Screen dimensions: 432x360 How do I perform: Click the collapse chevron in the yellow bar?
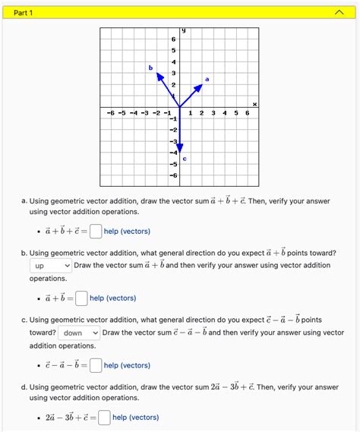pos(338,13)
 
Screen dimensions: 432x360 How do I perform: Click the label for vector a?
pos(207,79)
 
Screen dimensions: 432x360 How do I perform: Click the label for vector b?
pos(150,68)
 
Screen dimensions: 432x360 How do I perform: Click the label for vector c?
pos(185,159)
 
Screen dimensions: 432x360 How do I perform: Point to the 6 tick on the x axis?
pos(247,113)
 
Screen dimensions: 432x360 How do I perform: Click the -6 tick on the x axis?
pos(111,113)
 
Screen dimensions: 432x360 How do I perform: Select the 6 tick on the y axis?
pos(173,39)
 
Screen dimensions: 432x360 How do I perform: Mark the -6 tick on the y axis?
pos(173,175)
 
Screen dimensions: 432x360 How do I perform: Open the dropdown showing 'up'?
pos(52,265)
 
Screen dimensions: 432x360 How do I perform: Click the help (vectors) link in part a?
pos(127,232)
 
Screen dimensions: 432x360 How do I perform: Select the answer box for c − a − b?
pos(95,366)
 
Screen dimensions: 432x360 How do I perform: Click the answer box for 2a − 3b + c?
pos(103,417)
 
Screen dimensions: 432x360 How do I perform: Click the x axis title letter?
pos(255,103)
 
